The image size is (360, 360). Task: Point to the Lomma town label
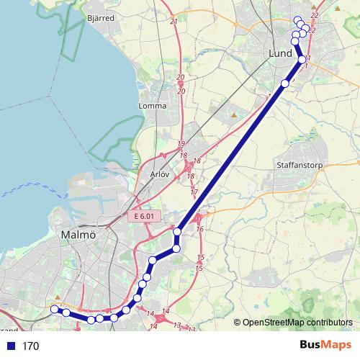[152, 106]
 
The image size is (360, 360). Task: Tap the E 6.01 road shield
[144, 216]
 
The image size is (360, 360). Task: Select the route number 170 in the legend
[30, 346]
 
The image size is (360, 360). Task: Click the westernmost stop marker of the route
[53, 309]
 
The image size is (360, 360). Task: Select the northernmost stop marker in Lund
[297, 19]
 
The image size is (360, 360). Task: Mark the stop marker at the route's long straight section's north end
[284, 84]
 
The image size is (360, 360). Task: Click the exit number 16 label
[199, 229]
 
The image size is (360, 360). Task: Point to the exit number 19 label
[181, 144]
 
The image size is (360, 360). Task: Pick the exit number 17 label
[194, 192]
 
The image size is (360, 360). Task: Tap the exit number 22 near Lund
[314, 15]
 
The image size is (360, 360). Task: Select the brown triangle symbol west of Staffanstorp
[234, 113]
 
